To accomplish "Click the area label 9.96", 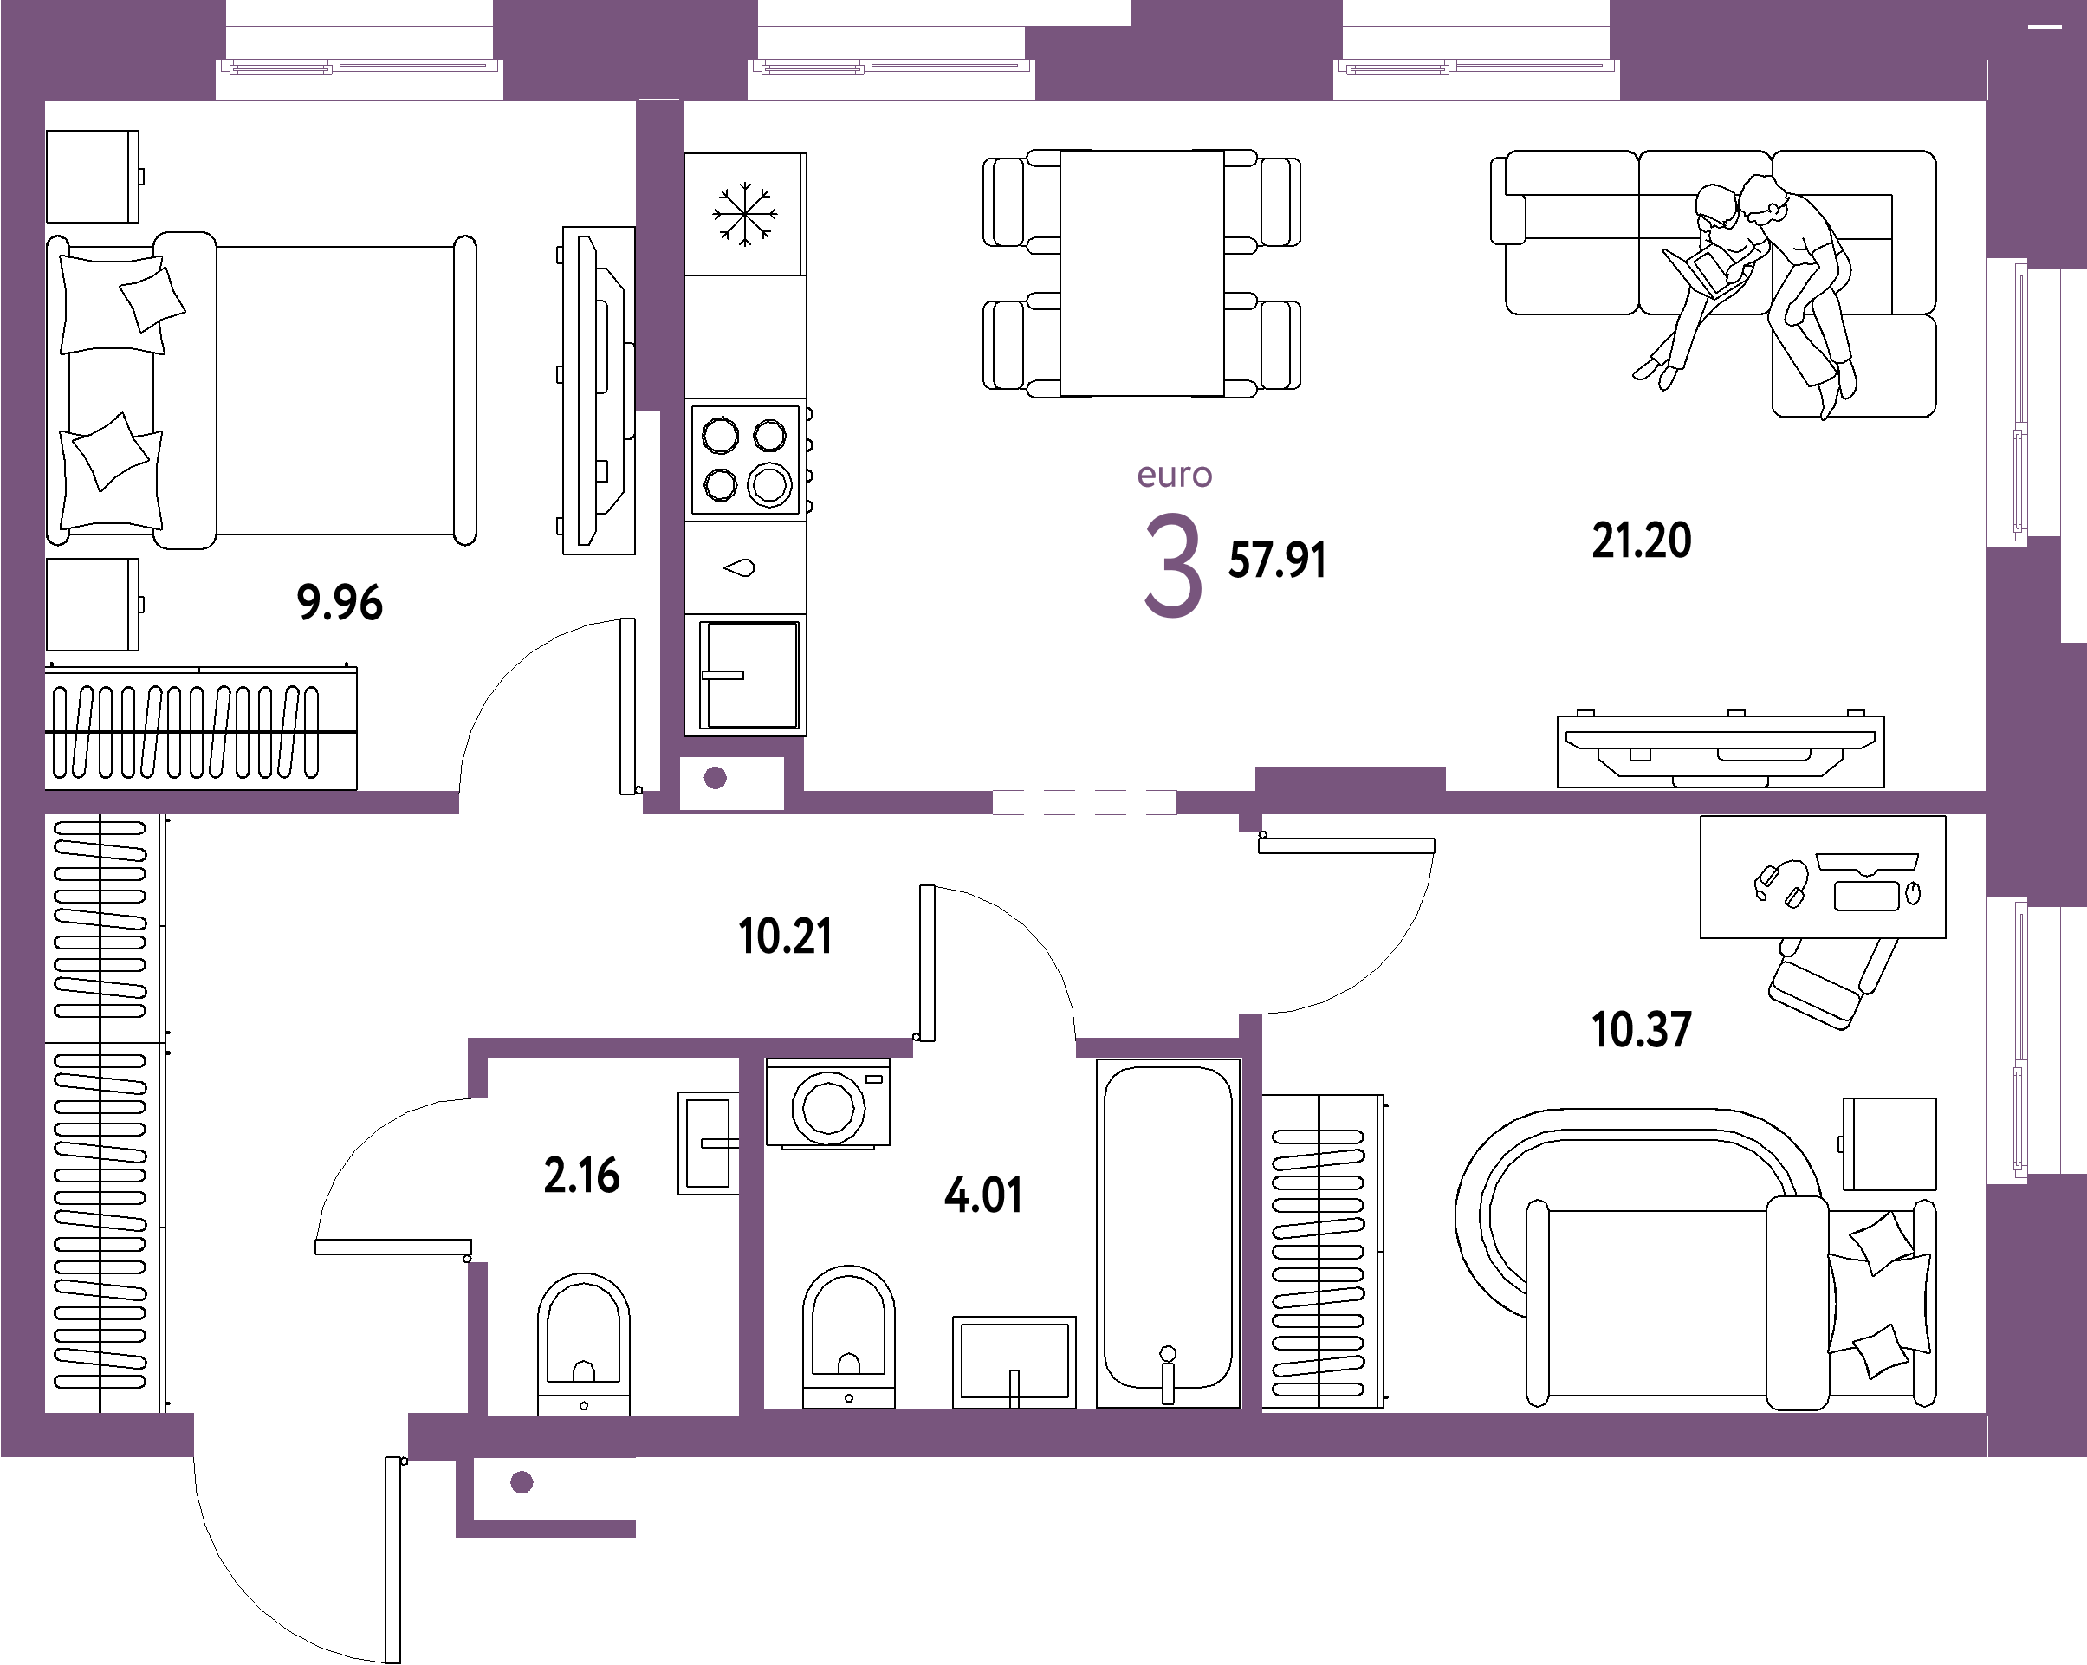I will [340, 602].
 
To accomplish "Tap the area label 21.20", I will [1642, 541].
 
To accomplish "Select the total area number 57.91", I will [1277, 560].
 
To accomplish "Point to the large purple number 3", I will [1173, 566].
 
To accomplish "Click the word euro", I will [1174, 476].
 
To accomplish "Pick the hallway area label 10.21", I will [784, 936].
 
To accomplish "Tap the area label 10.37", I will [1642, 1029].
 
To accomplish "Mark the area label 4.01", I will [983, 1195].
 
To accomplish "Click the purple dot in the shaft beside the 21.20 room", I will [716, 778].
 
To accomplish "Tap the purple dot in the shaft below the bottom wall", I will [522, 1482].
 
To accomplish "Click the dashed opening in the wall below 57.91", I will [1084, 802].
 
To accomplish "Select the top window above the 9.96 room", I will [360, 68].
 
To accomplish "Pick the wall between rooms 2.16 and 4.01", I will [751, 1234].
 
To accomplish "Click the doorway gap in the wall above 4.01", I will [995, 1047].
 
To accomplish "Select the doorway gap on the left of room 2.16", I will [477, 1180].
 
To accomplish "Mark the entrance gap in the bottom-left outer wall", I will [300, 1435].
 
